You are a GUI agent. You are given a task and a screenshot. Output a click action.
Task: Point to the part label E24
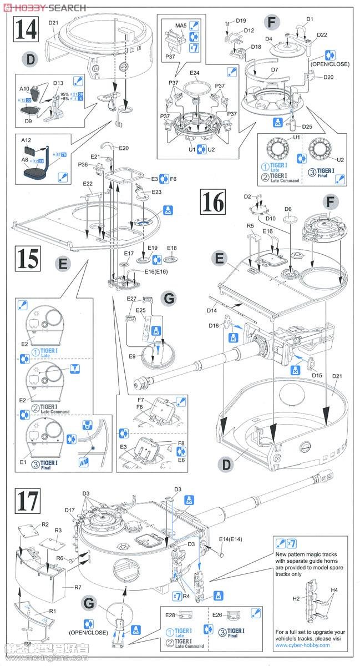[x=194, y=73]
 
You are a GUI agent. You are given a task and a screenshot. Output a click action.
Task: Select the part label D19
[x=240, y=21]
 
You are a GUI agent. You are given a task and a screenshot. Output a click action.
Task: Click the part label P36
[x=84, y=164]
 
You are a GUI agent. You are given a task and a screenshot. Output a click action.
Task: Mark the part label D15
[x=317, y=376]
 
